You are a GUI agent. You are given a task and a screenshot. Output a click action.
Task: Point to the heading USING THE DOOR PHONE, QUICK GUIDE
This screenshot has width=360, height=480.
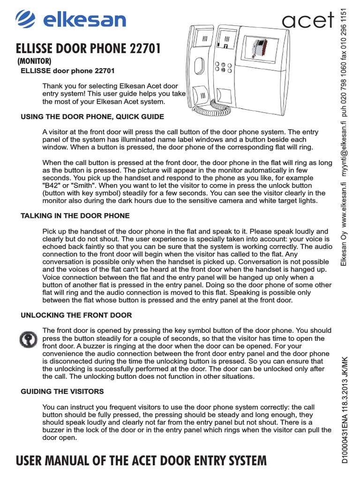click(x=92, y=116)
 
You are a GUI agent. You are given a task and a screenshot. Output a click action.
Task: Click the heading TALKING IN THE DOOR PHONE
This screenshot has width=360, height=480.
click(x=75, y=216)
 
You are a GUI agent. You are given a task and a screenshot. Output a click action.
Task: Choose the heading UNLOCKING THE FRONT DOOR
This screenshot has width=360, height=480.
click(x=76, y=315)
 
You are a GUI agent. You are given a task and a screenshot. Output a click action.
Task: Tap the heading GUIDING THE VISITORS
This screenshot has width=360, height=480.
click(x=62, y=391)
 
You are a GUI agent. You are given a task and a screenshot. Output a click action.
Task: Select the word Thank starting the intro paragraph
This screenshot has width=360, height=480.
click(x=53, y=86)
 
